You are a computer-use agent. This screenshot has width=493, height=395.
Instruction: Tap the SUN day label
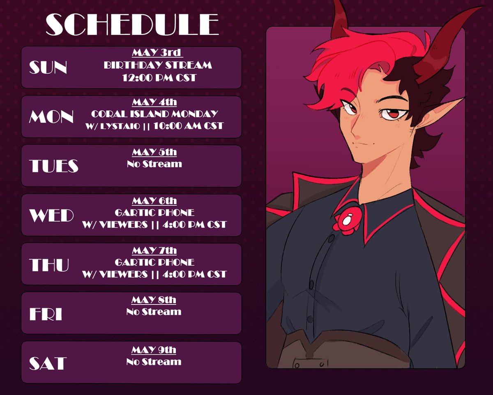tap(48, 68)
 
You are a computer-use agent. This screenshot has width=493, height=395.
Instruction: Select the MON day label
tap(51, 117)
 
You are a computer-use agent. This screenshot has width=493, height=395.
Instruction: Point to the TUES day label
tap(53, 166)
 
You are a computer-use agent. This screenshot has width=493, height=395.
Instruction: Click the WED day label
tap(51, 215)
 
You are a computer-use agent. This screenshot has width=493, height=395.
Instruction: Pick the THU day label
tap(49, 265)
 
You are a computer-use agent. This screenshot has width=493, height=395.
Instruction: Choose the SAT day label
tap(48, 363)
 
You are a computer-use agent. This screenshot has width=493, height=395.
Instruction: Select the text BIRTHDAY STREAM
tap(158, 65)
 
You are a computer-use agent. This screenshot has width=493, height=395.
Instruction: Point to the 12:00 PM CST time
tap(159, 77)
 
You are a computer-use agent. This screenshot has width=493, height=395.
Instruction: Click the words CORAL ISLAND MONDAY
tap(154, 114)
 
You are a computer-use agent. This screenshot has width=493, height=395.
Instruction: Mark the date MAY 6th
tap(154, 201)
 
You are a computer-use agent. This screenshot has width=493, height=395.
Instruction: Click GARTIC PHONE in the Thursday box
tap(154, 262)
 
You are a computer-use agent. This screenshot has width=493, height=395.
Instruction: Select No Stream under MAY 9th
tap(154, 362)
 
